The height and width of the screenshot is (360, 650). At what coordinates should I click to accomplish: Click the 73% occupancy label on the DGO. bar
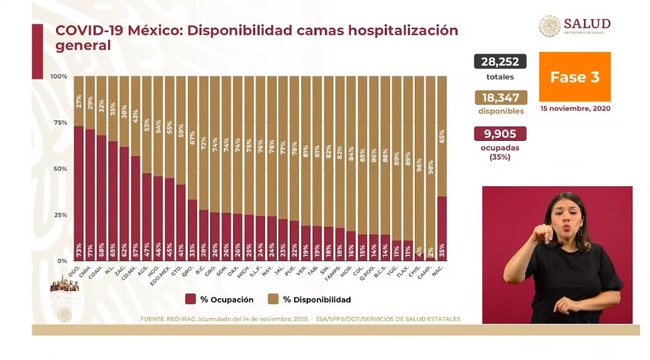pos(79,250)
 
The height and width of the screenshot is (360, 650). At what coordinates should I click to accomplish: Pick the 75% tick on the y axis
pos(59,123)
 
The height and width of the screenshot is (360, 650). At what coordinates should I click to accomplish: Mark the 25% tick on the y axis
pos(59,215)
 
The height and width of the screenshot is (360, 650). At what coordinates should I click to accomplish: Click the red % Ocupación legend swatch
pos(190,299)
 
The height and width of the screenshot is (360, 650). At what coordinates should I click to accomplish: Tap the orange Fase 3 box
pos(574,77)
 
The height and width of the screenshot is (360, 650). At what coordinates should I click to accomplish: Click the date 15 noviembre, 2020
pos(575,109)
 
